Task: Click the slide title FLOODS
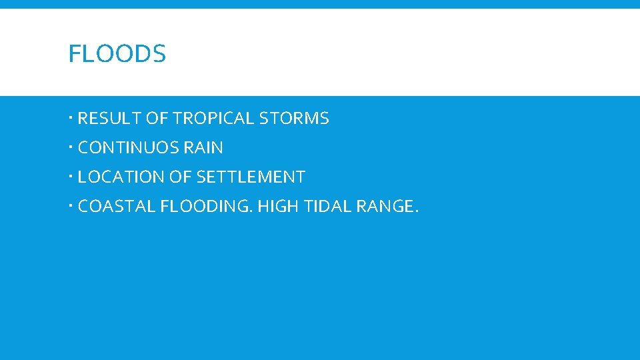[117, 54]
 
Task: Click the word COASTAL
[116, 207]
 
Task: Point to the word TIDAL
[327, 207]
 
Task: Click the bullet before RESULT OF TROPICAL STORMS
[71, 119]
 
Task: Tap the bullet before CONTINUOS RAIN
[71, 148]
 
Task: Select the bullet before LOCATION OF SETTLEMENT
[71, 177]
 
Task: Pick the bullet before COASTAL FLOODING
[71, 207]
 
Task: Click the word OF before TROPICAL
[157, 119]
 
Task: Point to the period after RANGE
[417, 212]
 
